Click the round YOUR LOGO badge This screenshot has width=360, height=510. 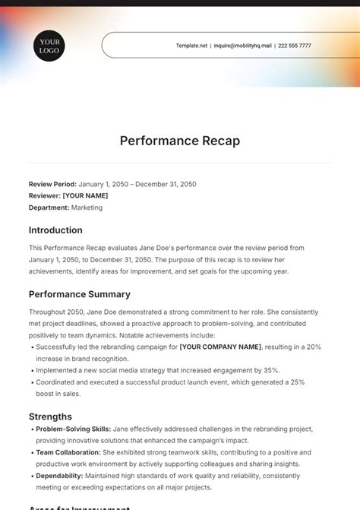[49, 46]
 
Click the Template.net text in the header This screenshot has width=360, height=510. [191, 46]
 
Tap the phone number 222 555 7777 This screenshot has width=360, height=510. [295, 46]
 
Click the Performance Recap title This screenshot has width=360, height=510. [180, 141]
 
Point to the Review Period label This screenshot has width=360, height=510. [52, 184]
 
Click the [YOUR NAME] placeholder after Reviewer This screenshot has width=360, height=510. [86, 195]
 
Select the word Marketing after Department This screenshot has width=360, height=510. [87, 207]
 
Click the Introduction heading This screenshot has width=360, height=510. [55, 230]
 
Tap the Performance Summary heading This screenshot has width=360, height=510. [80, 294]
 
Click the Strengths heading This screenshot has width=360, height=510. [50, 417]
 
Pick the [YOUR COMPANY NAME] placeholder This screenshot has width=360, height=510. [220, 347]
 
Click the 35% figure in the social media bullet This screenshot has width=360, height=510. [271, 370]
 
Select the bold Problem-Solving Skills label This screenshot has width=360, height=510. [74, 429]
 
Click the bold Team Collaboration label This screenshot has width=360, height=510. [68, 452]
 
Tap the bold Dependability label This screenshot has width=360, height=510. [60, 476]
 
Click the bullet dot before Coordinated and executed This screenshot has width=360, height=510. [31, 382]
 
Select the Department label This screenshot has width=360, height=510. [49, 207]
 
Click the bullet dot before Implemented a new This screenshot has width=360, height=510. [31, 370]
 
